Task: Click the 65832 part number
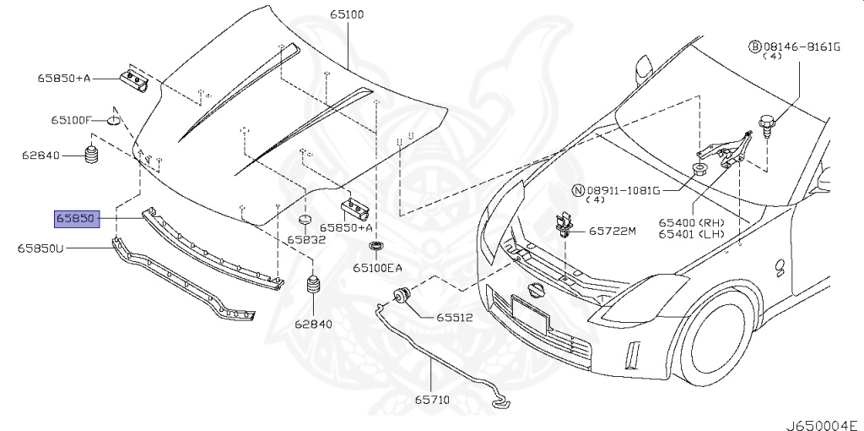pyautogui.click(x=305, y=239)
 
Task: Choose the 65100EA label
pyautogui.click(x=377, y=268)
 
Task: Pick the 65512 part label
pyautogui.click(x=454, y=318)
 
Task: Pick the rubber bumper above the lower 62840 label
pyautogui.click(x=313, y=285)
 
